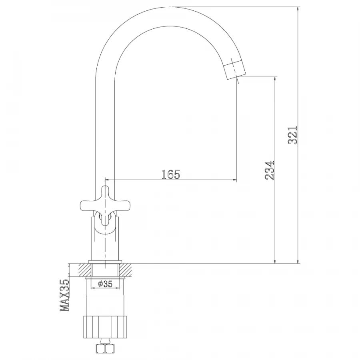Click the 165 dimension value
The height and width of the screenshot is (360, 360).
point(171,174)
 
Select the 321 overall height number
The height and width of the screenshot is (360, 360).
point(293,135)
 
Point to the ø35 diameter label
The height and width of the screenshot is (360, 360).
point(105,284)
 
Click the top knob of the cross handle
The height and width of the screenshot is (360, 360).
point(106,191)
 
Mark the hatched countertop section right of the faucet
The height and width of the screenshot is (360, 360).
point(128,270)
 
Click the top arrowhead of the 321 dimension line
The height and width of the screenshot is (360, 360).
point(298,10)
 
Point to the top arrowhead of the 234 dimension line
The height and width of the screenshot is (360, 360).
point(275,80)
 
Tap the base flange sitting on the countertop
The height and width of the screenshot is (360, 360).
point(106,262)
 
